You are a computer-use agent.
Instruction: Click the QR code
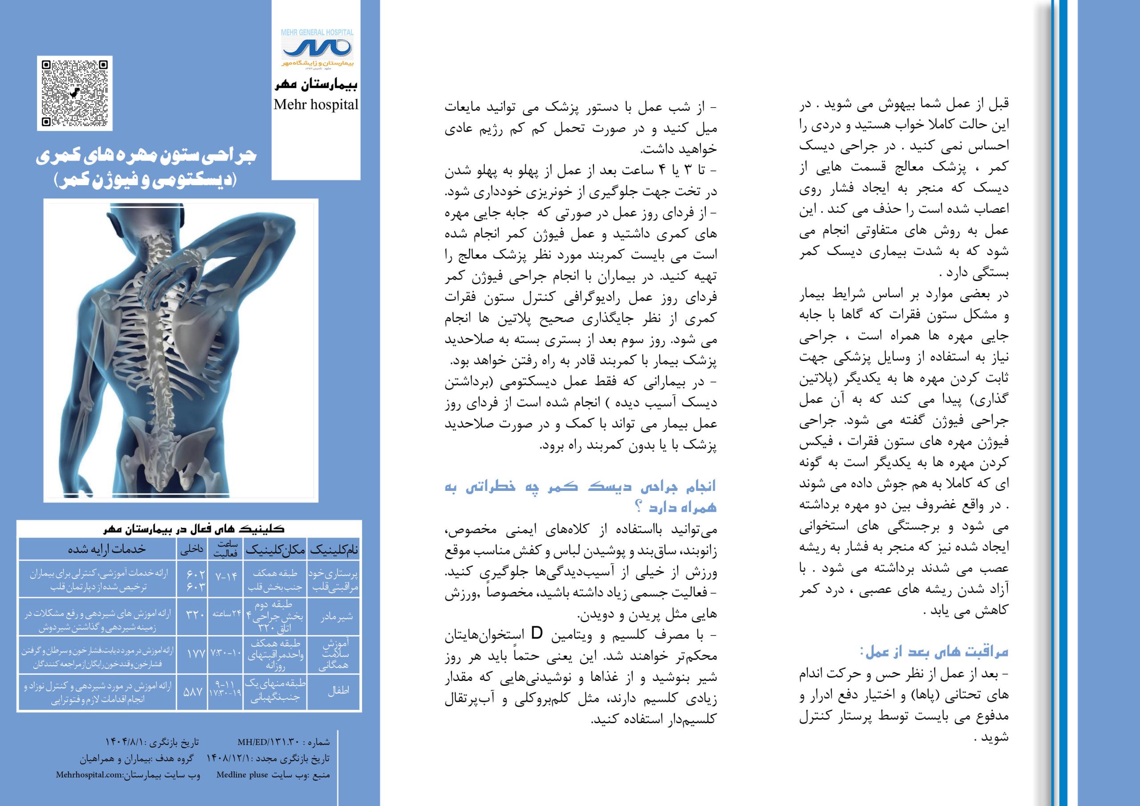(x=74, y=93)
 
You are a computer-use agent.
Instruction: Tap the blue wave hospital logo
(x=316, y=49)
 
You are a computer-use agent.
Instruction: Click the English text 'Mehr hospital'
(x=316, y=105)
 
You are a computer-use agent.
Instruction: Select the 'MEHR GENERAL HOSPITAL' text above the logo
(x=317, y=32)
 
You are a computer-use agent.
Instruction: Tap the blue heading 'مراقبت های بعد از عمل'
(x=936, y=651)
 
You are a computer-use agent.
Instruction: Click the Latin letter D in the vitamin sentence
(x=537, y=634)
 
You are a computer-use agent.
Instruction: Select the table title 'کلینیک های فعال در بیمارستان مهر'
(x=193, y=529)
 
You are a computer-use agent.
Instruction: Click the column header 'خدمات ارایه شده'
(x=107, y=549)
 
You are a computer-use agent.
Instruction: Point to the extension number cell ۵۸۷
(x=193, y=691)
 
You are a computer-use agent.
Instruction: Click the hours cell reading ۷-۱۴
(x=226, y=577)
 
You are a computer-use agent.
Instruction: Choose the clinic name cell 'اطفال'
(x=338, y=691)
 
